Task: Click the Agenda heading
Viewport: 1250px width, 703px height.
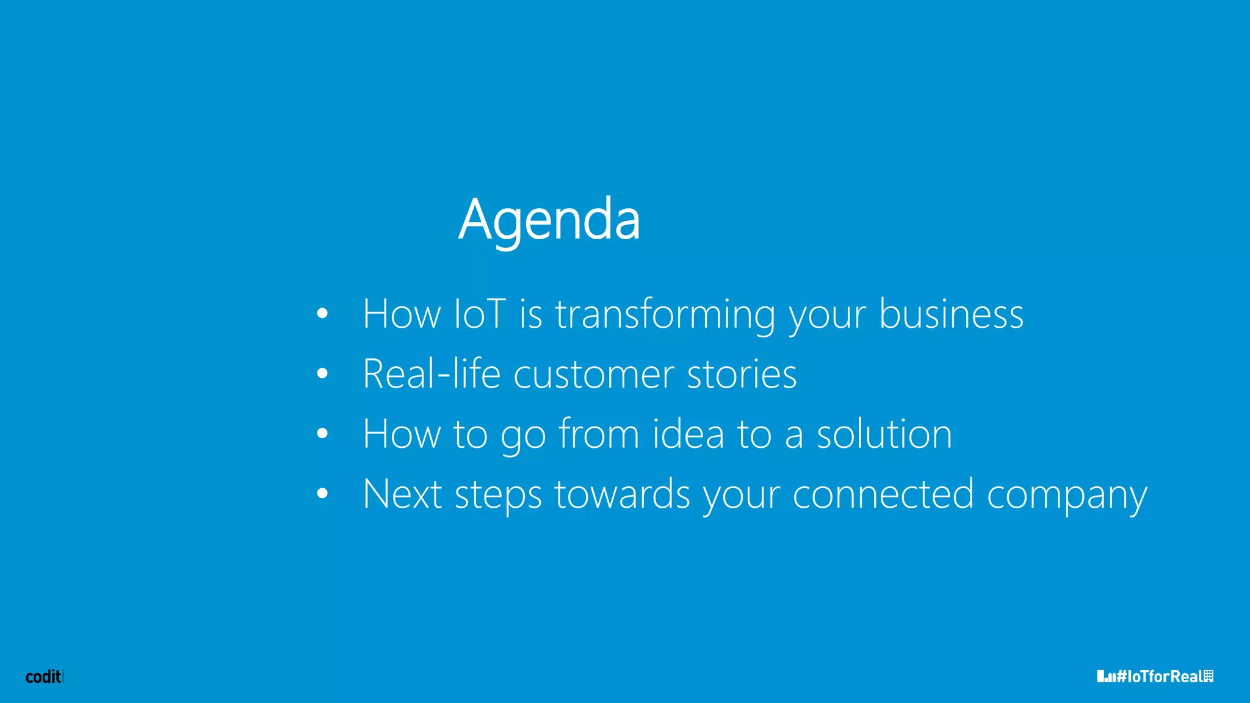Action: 549,220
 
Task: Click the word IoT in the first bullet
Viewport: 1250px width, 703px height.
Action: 480,314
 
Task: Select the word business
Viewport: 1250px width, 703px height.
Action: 951,314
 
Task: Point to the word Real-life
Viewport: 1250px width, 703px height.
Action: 431,373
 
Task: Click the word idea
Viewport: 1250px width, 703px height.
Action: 688,434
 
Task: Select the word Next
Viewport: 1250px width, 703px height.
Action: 402,494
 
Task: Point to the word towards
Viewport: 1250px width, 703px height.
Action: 622,494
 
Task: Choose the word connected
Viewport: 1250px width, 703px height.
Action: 883,494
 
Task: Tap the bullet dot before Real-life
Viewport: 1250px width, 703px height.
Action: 322,373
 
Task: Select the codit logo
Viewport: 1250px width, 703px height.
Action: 43,676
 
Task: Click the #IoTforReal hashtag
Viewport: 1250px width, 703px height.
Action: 1155,676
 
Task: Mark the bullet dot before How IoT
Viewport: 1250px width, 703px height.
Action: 322,314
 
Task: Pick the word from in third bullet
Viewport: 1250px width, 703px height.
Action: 599,434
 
